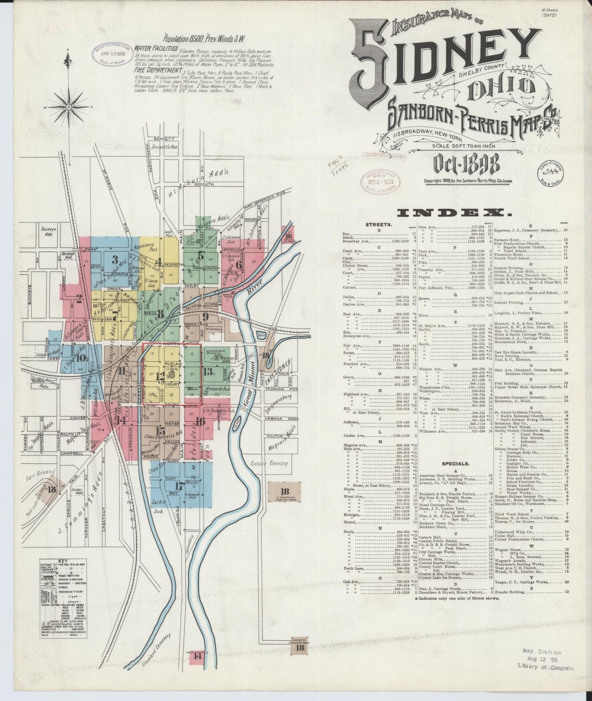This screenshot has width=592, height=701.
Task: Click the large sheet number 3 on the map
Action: click(x=115, y=259)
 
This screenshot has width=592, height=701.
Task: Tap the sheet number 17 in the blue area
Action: click(x=179, y=486)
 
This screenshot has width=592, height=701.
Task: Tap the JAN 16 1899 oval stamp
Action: click(x=109, y=53)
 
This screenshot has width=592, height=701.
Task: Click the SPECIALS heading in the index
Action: click(x=455, y=464)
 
